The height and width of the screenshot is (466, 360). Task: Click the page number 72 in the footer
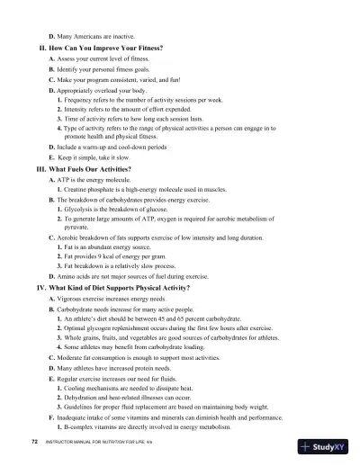32,444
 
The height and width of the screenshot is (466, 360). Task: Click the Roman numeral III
39,170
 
